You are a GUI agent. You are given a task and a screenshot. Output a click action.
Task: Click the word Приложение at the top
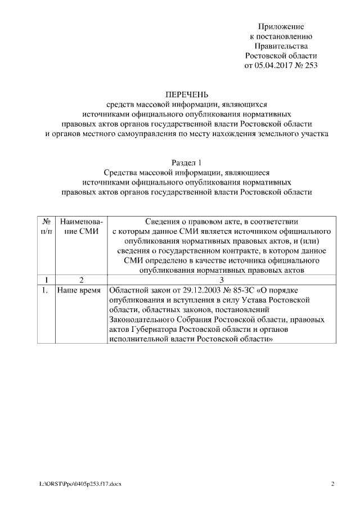click(281, 26)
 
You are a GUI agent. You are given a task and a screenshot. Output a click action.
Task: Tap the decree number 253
click(309, 65)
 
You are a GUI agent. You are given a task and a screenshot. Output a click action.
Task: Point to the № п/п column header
click(48, 226)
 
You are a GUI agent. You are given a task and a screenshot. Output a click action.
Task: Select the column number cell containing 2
click(82, 280)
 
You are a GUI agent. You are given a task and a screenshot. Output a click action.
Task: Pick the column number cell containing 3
click(221, 280)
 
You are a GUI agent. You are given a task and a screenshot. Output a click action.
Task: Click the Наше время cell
click(79, 290)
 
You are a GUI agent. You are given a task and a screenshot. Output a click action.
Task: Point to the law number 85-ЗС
click(238, 290)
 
